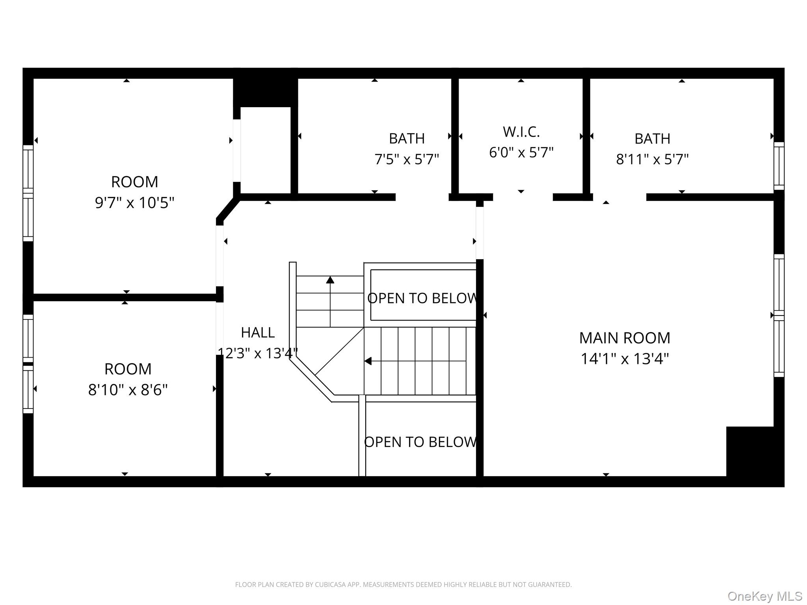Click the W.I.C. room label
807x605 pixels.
tap(521, 132)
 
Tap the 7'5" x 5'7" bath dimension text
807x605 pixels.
tap(407, 159)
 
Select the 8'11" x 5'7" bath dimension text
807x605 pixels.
tap(652, 159)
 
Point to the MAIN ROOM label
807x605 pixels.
tap(625, 338)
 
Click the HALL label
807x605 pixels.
tap(258, 333)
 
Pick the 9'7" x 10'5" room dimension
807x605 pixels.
tap(134, 203)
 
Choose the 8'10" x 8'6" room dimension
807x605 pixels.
tap(128, 390)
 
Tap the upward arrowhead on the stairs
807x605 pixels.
tap(330, 280)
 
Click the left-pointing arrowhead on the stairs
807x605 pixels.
tap(368, 361)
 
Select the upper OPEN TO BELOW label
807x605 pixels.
tap(422, 298)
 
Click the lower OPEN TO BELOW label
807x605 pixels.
tap(420, 442)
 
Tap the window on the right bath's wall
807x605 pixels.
tap(779, 166)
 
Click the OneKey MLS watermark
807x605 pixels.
tap(765, 596)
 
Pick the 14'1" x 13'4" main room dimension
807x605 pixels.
tap(625, 359)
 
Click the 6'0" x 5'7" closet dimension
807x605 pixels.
tap(521, 152)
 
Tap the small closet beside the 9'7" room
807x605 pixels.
tap(266, 150)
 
